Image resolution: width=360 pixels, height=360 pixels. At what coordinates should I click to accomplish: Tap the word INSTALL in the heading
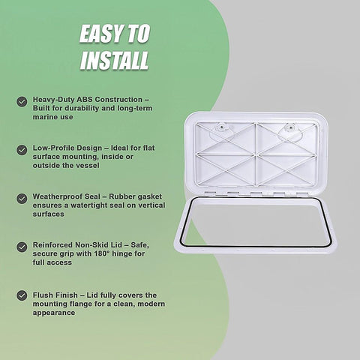pyautogui.click(x=114, y=60)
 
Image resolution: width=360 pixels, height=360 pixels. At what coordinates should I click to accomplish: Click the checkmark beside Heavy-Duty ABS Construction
pyautogui.click(x=22, y=102)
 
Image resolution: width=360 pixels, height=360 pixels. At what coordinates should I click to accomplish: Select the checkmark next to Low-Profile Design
pyautogui.click(x=22, y=150)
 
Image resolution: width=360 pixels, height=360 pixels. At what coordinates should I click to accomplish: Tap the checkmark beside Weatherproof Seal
pyautogui.click(x=22, y=199)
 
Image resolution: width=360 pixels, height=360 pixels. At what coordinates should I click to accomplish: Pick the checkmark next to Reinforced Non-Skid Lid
pyautogui.click(x=22, y=247)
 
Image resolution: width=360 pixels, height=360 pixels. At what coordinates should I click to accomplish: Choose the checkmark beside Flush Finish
pyautogui.click(x=22, y=295)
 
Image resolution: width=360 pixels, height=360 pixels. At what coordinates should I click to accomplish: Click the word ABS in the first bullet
pyautogui.click(x=85, y=100)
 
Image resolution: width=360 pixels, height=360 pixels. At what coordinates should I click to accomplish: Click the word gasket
pyautogui.click(x=148, y=196)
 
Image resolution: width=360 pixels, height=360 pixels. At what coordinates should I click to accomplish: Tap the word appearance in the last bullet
pyautogui.click(x=54, y=313)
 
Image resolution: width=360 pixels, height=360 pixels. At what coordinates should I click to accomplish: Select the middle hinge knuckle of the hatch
pyautogui.click(x=256, y=193)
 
